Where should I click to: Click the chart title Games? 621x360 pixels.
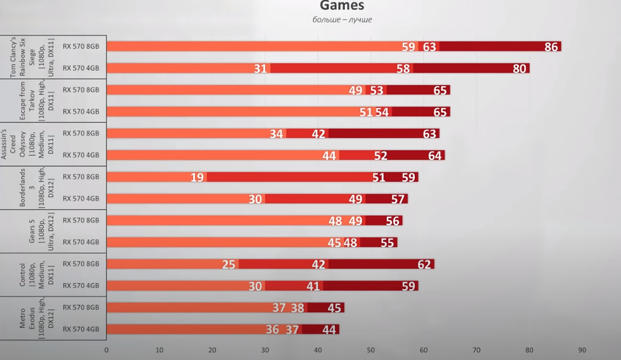click(x=342, y=6)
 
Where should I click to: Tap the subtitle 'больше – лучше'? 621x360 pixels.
click(x=342, y=19)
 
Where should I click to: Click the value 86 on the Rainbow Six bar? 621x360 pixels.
click(x=551, y=47)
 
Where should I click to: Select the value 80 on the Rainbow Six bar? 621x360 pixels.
click(x=519, y=68)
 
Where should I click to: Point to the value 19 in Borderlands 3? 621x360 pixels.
click(x=197, y=178)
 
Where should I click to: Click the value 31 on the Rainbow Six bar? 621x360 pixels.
click(x=260, y=68)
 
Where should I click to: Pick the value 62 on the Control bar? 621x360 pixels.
click(x=424, y=264)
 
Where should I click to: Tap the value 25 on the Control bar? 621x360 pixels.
click(x=229, y=264)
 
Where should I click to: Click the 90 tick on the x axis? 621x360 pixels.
click(x=582, y=350)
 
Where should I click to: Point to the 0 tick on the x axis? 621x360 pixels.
click(x=107, y=350)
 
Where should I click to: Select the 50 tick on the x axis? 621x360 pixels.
click(x=371, y=350)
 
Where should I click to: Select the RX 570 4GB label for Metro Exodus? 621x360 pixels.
click(x=81, y=329)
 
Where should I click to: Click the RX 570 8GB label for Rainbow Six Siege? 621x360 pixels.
click(x=81, y=46)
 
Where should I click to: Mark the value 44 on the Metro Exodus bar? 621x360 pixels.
click(x=329, y=330)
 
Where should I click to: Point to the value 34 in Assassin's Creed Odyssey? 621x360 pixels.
click(x=276, y=134)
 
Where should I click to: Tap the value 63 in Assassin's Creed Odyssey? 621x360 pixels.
click(x=429, y=134)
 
